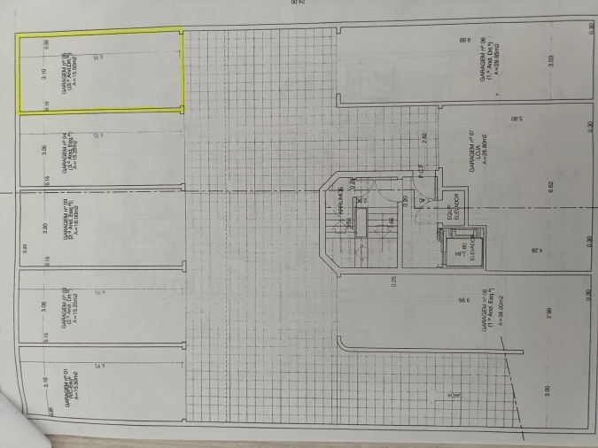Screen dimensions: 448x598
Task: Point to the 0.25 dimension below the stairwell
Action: [x=392, y=282]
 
